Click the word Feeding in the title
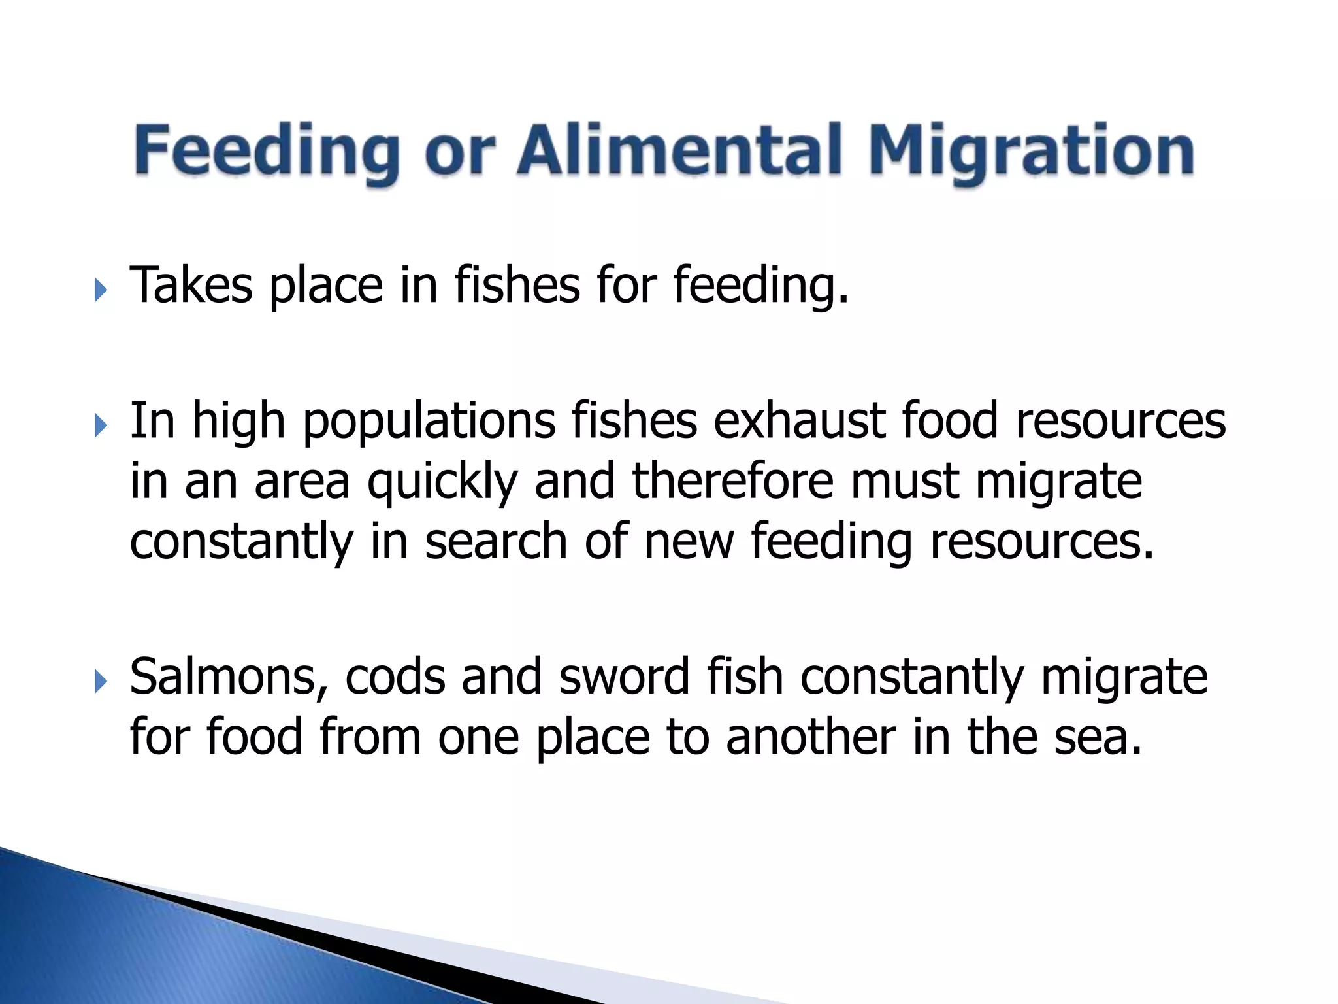click(267, 152)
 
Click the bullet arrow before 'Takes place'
click(100, 290)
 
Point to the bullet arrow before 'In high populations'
click(100, 426)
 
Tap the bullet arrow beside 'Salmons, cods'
click(100, 682)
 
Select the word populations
click(429, 422)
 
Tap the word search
click(496, 541)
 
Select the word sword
click(625, 677)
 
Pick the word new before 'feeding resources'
click(689, 541)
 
